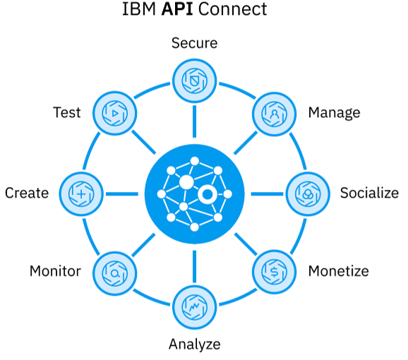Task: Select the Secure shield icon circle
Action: [195, 77]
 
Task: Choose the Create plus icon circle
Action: [81, 192]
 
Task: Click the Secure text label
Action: [194, 43]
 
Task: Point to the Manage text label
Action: [334, 113]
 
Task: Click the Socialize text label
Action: [369, 193]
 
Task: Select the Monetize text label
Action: [338, 271]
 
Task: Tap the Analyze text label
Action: [194, 344]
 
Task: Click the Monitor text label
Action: [55, 271]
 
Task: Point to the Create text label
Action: [27, 193]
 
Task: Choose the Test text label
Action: [67, 113]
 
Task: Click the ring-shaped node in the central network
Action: [208, 195]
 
